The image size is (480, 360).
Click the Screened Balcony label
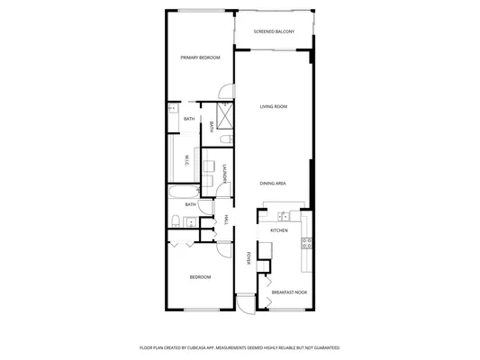point(273,32)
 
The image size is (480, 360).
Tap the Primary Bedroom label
point(200,58)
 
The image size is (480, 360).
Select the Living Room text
point(274,107)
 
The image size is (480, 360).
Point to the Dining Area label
point(273,184)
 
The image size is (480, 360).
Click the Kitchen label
point(279,231)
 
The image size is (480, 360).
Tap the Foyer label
point(249,258)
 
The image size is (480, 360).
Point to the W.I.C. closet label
point(186,159)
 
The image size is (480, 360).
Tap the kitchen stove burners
point(306,241)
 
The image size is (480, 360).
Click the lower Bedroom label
point(200,277)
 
